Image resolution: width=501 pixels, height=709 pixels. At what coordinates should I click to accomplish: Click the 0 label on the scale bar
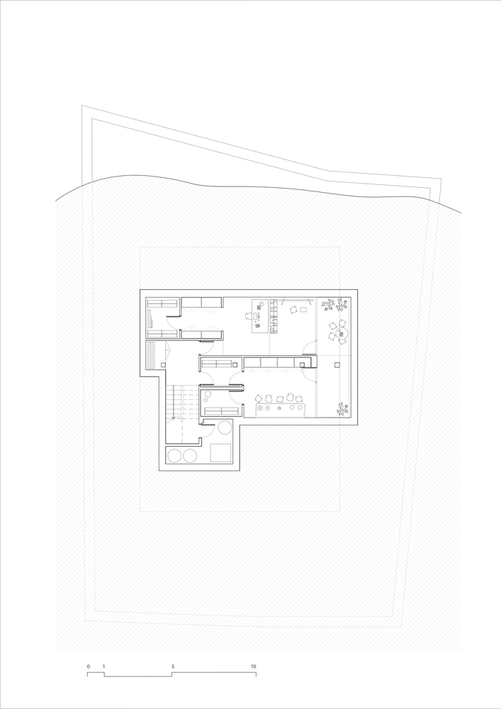coord(89,667)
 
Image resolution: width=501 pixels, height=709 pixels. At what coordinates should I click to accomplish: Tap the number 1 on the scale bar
coord(104,667)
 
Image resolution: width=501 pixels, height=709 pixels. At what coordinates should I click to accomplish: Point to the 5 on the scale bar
coord(172,667)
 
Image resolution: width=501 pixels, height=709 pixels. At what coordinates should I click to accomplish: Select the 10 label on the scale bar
coord(253,667)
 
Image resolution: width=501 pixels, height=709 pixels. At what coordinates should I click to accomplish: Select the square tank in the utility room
coord(221,452)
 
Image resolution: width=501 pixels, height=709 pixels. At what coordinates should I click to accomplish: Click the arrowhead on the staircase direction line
coord(172,419)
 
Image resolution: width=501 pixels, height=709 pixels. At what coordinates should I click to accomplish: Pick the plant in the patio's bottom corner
coord(342,408)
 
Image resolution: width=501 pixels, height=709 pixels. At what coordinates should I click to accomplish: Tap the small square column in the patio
coord(335,364)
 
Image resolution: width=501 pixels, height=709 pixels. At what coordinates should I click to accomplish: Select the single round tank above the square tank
coord(225,427)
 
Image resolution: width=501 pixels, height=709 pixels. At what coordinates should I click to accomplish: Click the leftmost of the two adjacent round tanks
coord(174,455)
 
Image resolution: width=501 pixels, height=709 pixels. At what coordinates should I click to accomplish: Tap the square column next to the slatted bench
coord(164,364)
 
